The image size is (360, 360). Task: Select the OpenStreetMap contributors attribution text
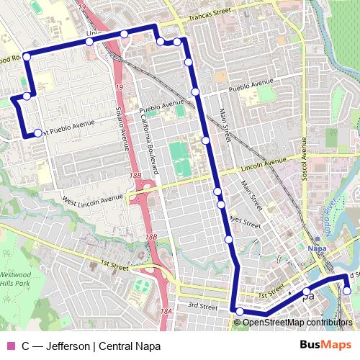[297, 322]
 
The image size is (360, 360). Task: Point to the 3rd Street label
[204, 307]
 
